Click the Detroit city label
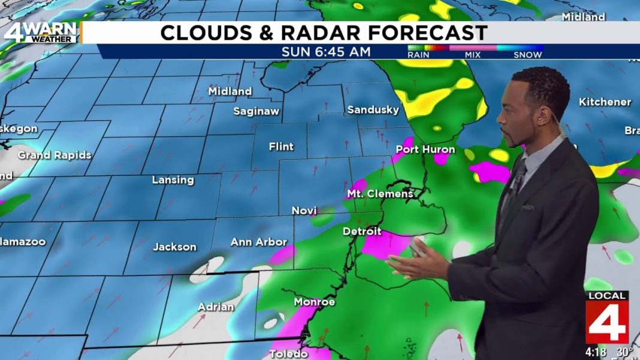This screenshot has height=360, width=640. click(362, 231)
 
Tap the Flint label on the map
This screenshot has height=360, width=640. click(281, 147)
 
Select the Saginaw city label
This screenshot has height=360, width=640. click(256, 111)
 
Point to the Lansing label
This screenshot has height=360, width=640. click(173, 180)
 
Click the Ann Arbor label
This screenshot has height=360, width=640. click(259, 242)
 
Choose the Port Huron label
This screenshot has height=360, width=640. click(425, 149)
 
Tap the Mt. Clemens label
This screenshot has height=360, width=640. click(380, 193)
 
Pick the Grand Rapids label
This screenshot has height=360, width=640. click(55, 155)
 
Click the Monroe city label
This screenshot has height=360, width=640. click(314, 302)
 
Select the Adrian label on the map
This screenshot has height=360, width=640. click(216, 307)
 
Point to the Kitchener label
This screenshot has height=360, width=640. click(605, 102)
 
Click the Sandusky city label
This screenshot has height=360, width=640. click(373, 110)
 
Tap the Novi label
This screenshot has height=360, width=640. click(304, 211)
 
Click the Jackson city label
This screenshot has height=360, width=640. click(174, 247)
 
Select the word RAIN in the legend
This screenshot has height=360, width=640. click(418, 55)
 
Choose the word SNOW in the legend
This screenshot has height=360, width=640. click(527, 55)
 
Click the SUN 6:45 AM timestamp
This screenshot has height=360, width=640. click(326, 52)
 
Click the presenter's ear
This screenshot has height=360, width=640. click(543, 117)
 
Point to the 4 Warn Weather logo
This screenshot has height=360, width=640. click(40, 32)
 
